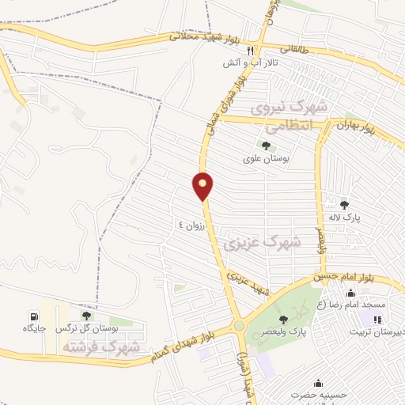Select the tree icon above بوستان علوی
(265, 146)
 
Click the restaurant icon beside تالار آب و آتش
(228, 49)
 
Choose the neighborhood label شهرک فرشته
(104, 348)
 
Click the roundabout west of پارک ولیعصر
(238, 325)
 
